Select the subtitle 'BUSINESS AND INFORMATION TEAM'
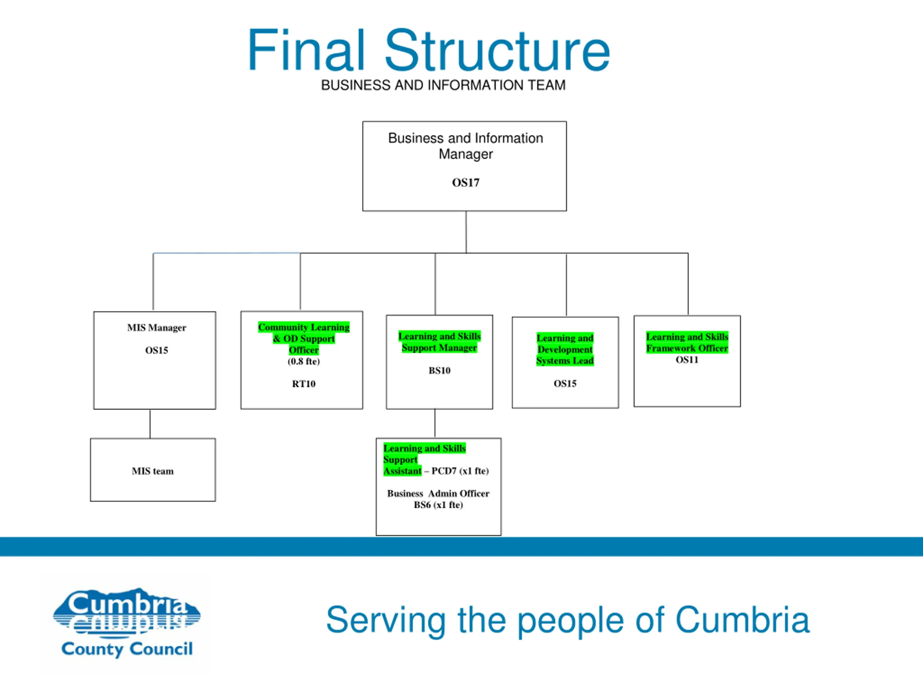click(x=443, y=85)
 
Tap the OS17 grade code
click(x=466, y=183)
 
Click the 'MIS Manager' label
click(x=156, y=327)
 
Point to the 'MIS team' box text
click(x=153, y=471)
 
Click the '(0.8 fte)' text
click(x=304, y=361)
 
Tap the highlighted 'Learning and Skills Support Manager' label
click(x=440, y=342)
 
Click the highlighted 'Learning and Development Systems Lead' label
click(x=565, y=349)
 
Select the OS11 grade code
click(x=687, y=359)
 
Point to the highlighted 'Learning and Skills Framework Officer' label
click(x=687, y=343)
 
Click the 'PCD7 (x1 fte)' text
click(x=460, y=471)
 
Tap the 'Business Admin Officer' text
click(x=438, y=493)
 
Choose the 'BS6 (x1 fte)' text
click(x=438, y=505)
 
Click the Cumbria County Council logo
click(x=127, y=622)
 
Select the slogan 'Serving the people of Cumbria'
click(x=568, y=621)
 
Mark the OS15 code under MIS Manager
click(x=156, y=350)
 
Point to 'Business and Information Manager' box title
click(x=466, y=146)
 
